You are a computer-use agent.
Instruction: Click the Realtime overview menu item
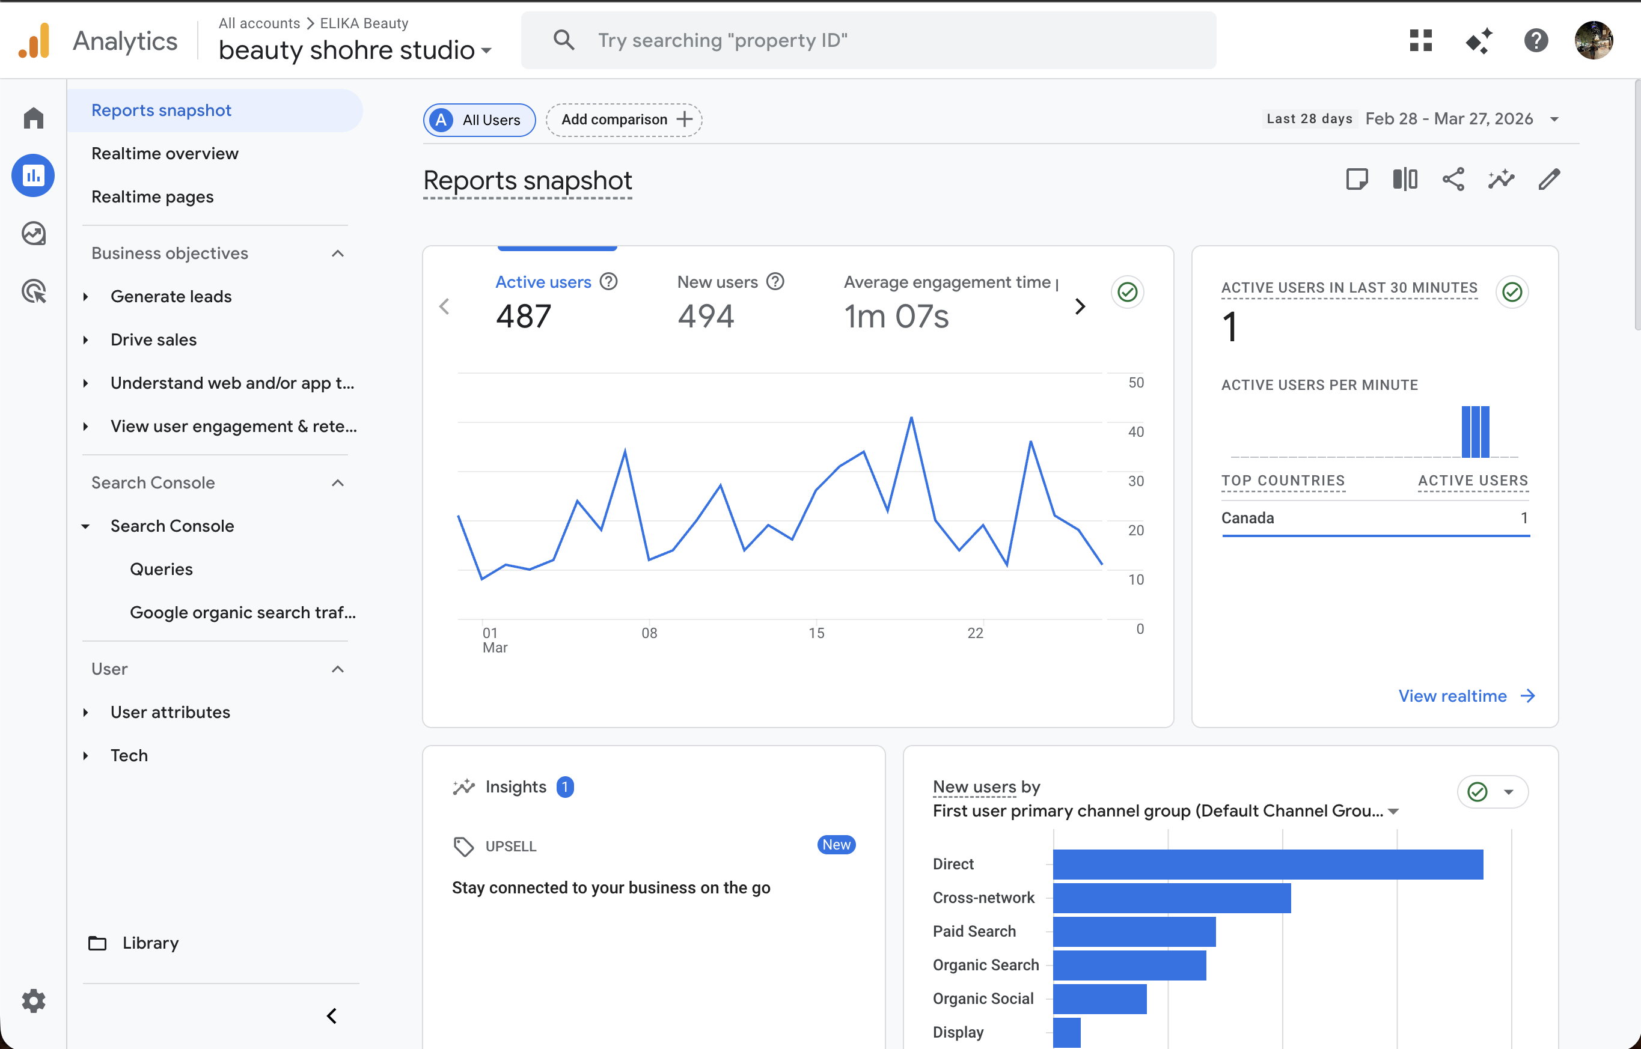[x=164, y=153]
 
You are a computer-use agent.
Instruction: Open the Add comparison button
[x=623, y=120]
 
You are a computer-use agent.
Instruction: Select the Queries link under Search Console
[x=161, y=569]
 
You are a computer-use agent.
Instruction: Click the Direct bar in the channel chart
[x=1268, y=864]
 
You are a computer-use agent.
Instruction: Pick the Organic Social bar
[x=1099, y=998]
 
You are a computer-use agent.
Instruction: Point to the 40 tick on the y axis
[x=1135, y=432]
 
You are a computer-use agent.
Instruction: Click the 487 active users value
[x=524, y=316]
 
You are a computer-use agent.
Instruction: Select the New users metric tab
[x=718, y=282]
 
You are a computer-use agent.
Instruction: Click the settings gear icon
[x=34, y=1001]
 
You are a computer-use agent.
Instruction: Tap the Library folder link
[x=150, y=943]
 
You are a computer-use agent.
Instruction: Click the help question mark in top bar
[x=1535, y=40]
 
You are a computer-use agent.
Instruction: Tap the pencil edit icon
[x=1549, y=180]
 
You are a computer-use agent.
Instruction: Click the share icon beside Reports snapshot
[x=1453, y=180]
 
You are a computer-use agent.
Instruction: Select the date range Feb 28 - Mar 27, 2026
[x=1449, y=119]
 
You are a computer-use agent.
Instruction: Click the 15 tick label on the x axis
[x=816, y=633]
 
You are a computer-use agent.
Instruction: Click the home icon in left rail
[x=34, y=118]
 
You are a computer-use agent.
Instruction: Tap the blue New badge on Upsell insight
[x=836, y=845]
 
